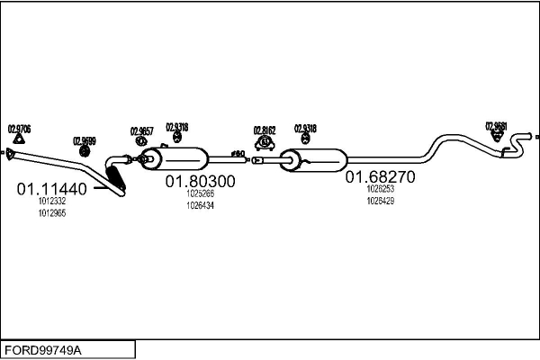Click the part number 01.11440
(x=51, y=189)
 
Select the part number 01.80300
(x=200, y=181)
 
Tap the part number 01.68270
(x=381, y=177)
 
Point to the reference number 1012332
(x=51, y=202)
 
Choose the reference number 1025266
(x=200, y=193)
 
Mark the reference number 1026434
(x=200, y=205)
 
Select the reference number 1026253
(x=381, y=190)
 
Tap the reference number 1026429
(x=381, y=201)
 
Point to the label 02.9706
(x=20, y=129)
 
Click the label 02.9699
(x=84, y=140)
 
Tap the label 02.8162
(x=265, y=130)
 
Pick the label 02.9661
(x=496, y=126)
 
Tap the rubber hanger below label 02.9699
(x=85, y=150)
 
